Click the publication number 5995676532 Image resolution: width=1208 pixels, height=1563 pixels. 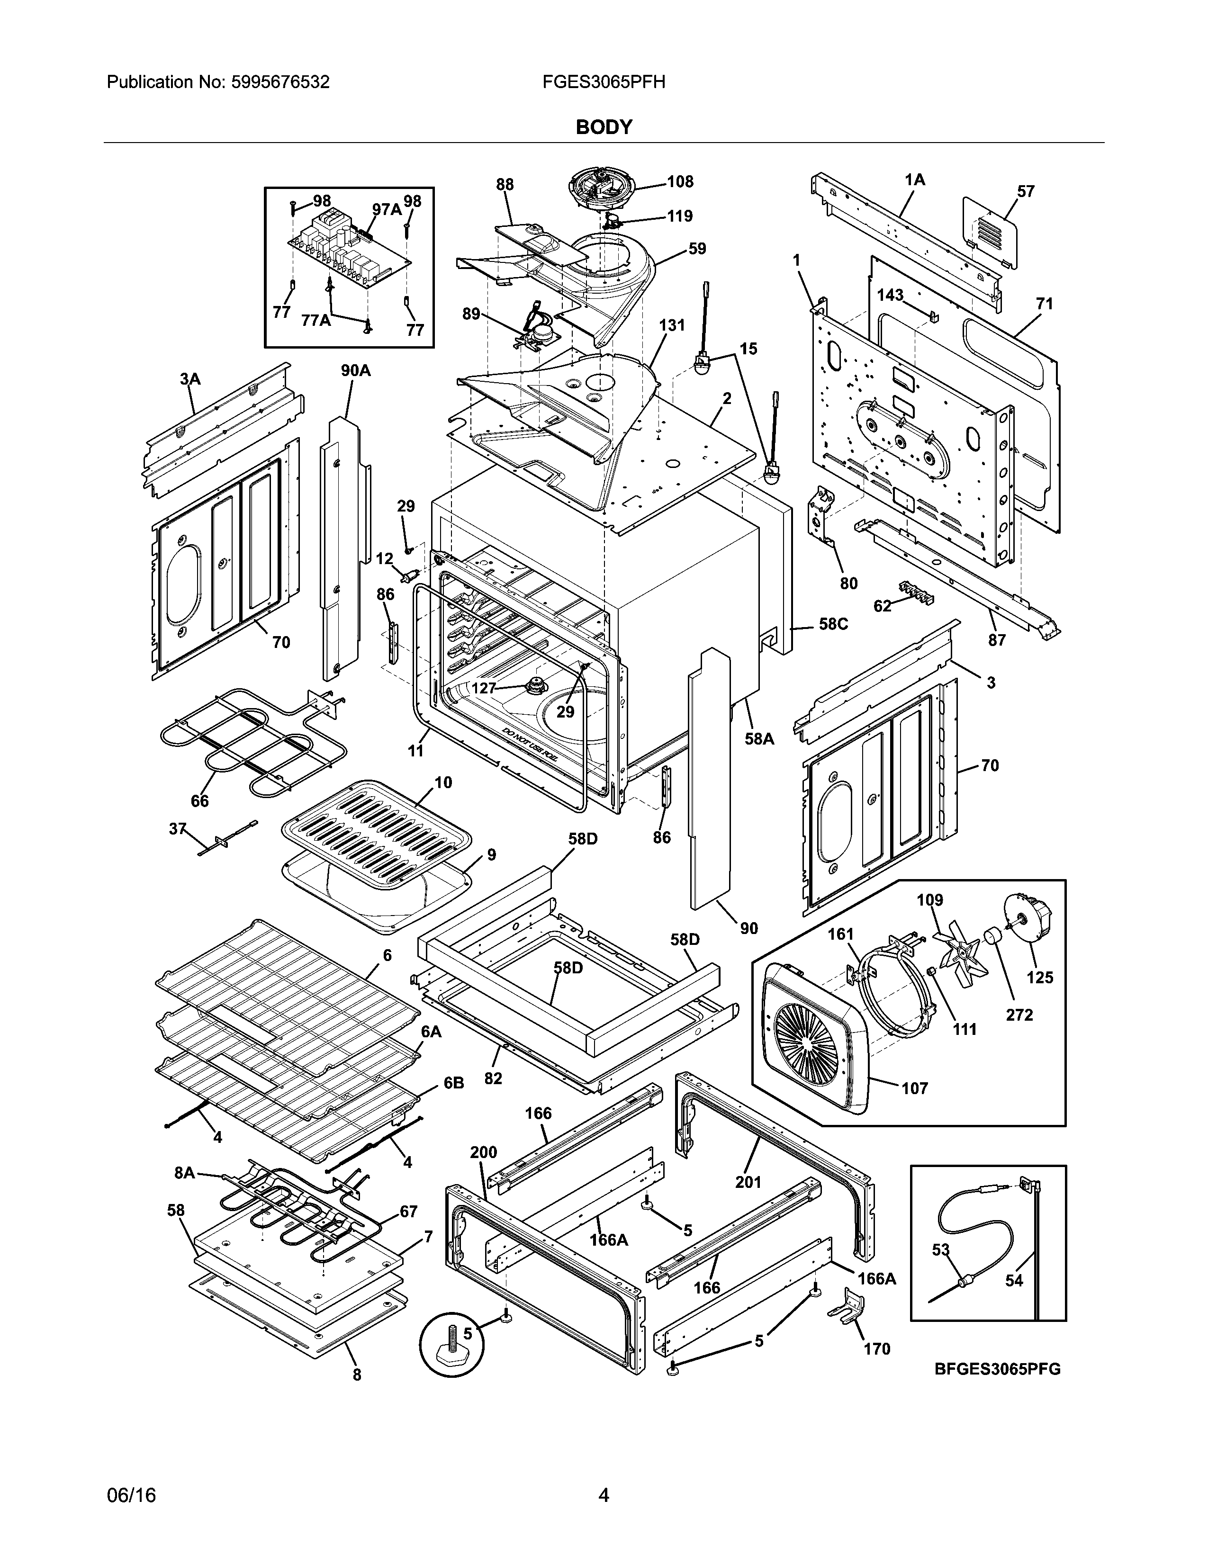(280, 82)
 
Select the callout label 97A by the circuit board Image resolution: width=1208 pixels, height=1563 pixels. (387, 209)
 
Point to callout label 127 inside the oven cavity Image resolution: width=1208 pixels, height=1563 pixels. (484, 688)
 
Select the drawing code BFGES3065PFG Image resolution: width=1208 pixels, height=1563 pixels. (997, 1370)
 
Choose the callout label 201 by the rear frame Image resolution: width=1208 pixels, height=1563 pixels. (748, 1182)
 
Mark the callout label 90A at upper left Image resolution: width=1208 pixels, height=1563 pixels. (356, 371)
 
